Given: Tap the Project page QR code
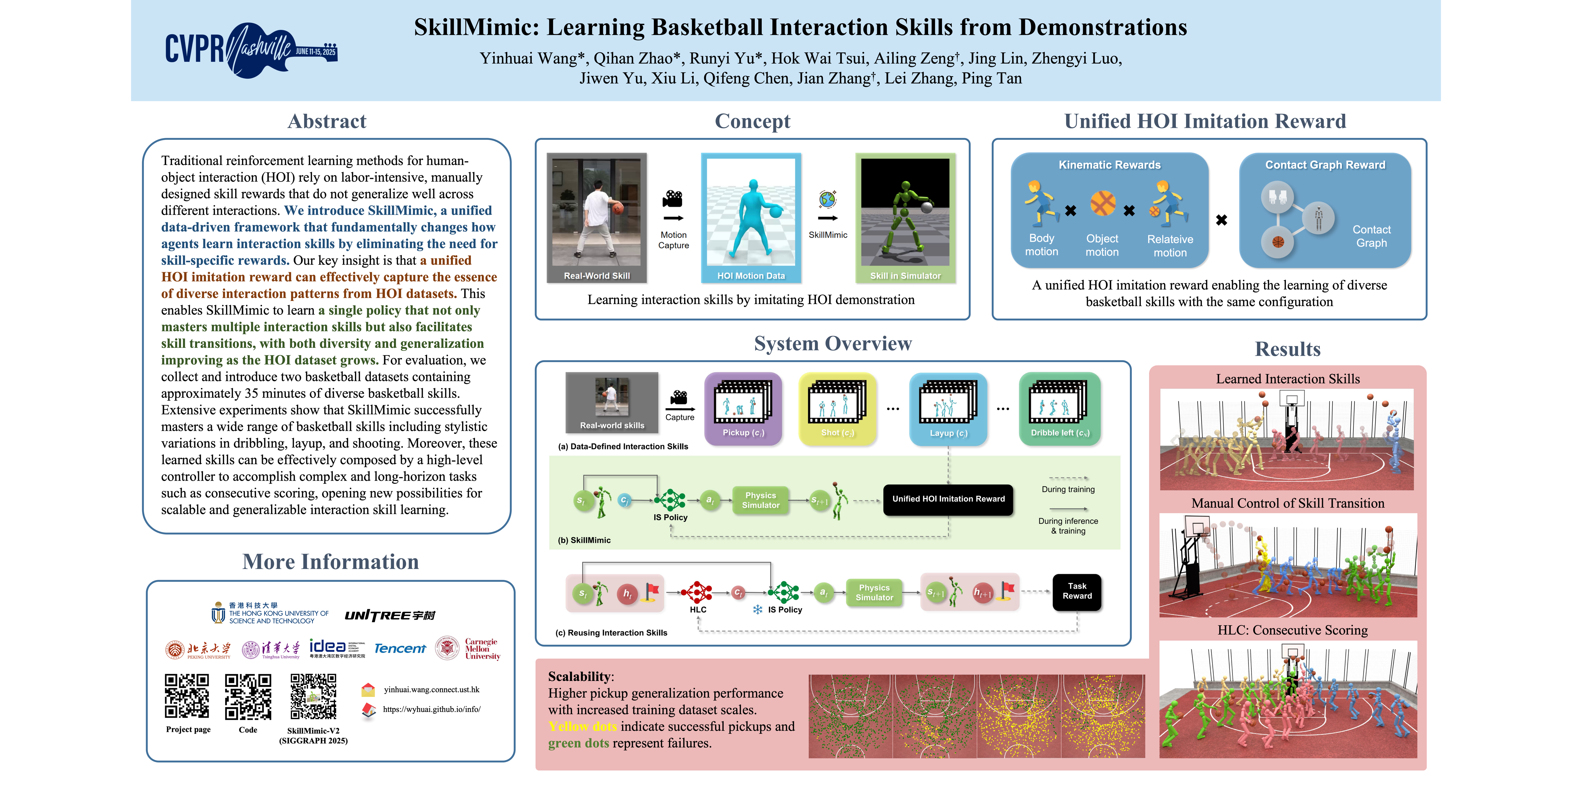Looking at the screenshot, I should (x=187, y=696).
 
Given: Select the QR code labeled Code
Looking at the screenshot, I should (x=248, y=696).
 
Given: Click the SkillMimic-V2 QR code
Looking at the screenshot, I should (x=313, y=696).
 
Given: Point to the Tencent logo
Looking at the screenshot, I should (x=400, y=648).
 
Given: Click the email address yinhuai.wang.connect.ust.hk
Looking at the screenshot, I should (x=431, y=690).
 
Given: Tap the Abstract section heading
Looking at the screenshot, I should (x=327, y=121).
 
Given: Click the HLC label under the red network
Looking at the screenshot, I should (x=698, y=609).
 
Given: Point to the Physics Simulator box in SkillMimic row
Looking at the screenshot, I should (x=761, y=500).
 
